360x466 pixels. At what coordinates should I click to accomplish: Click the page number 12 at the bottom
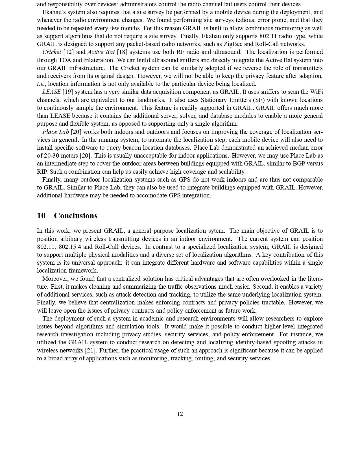click(180, 414)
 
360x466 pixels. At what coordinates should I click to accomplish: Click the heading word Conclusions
click(76, 215)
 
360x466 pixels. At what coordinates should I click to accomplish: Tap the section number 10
click(41, 215)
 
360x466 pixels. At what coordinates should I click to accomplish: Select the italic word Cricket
click(52, 52)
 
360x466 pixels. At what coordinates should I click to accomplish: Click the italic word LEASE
click(51, 92)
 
